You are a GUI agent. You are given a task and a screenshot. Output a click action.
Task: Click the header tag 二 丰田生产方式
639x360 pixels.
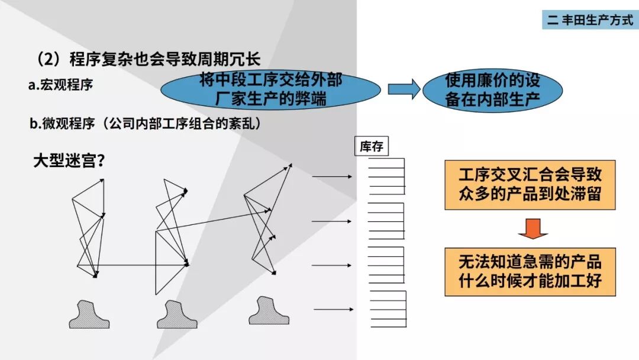coord(589,20)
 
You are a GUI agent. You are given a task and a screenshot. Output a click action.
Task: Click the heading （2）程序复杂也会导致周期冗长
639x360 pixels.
coord(148,60)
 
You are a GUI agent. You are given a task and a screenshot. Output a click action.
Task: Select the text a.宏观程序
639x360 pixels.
coord(60,85)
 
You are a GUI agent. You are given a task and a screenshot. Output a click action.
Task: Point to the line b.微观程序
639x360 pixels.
coord(146,124)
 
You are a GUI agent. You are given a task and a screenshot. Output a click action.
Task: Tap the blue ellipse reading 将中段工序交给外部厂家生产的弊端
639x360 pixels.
coord(270,89)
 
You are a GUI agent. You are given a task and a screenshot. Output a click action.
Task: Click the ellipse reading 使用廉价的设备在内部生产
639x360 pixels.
coord(492,89)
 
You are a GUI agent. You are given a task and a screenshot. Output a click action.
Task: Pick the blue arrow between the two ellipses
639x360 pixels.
coord(404,89)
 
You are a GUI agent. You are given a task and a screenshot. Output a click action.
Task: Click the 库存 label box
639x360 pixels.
coord(371,147)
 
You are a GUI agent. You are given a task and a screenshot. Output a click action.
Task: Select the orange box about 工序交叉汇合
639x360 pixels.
coord(530,184)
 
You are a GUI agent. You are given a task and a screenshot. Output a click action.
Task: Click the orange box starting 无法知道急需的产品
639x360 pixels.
coord(530,271)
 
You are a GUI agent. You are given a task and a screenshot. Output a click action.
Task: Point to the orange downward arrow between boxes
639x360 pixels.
coord(530,228)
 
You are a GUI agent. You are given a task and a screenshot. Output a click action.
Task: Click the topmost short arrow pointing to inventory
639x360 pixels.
coord(333,176)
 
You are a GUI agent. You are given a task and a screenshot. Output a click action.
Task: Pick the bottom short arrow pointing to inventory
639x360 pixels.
coord(334,309)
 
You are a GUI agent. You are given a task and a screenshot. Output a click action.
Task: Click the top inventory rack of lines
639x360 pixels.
coord(387,176)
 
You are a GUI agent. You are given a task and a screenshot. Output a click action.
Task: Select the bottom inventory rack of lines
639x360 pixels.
coord(388,308)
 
